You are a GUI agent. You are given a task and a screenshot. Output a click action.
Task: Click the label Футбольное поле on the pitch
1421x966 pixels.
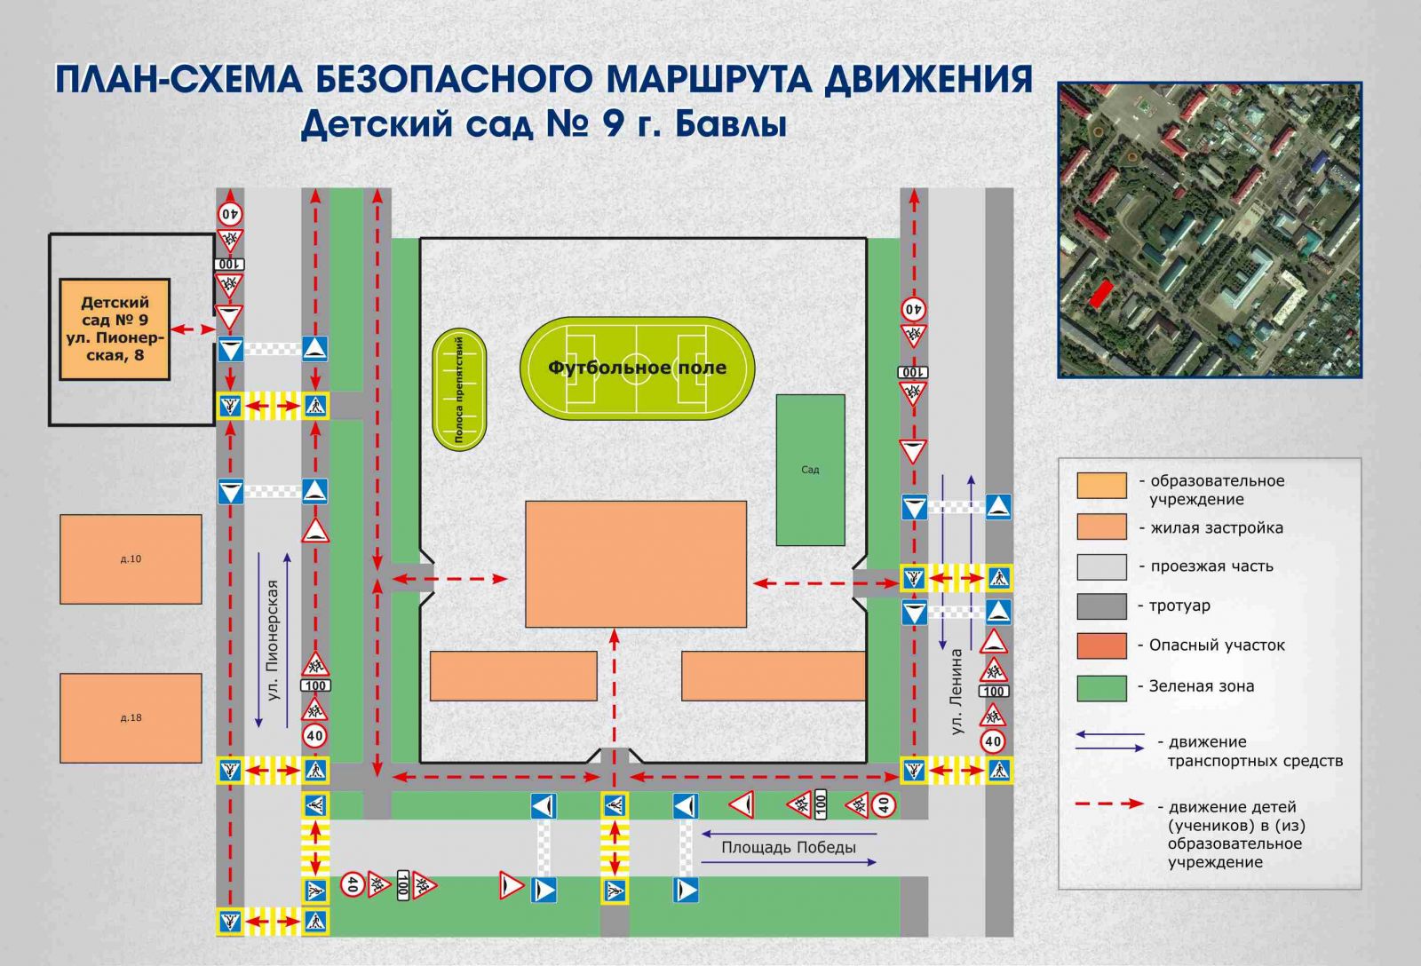point(637,368)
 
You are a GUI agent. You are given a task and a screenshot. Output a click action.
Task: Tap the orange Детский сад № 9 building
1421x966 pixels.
point(115,329)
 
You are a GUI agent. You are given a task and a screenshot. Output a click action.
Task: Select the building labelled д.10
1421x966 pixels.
point(131,558)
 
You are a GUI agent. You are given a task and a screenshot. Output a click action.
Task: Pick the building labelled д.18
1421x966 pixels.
point(131,718)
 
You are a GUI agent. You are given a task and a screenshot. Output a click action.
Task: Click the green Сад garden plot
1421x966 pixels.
point(810,470)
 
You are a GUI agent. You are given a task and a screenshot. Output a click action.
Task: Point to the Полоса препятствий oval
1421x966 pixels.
point(459,390)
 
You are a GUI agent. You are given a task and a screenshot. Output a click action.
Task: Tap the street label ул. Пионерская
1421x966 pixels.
point(273,640)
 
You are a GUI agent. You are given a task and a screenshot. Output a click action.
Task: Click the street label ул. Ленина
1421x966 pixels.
point(957,692)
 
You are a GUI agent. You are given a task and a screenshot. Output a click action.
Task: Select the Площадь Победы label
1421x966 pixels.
point(789,847)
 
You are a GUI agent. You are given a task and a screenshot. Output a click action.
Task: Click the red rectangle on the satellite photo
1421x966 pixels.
point(1101,294)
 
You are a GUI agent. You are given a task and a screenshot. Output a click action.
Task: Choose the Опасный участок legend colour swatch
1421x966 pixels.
point(1102,645)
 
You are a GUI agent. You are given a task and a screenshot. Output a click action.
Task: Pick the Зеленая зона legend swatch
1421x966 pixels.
point(1102,688)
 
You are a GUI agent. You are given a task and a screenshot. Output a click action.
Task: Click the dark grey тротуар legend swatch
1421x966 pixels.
point(1102,606)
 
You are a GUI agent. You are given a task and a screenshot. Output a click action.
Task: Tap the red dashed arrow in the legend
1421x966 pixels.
point(1109,804)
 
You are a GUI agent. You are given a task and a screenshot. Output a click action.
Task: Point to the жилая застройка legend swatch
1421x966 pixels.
point(1102,527)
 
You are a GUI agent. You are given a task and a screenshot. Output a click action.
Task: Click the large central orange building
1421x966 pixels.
point(636,564)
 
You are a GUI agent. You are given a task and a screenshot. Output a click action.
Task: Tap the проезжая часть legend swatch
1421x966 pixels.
point(1102,567)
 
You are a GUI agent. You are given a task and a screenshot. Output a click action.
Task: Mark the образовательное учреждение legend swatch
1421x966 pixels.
point(1102,486)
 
